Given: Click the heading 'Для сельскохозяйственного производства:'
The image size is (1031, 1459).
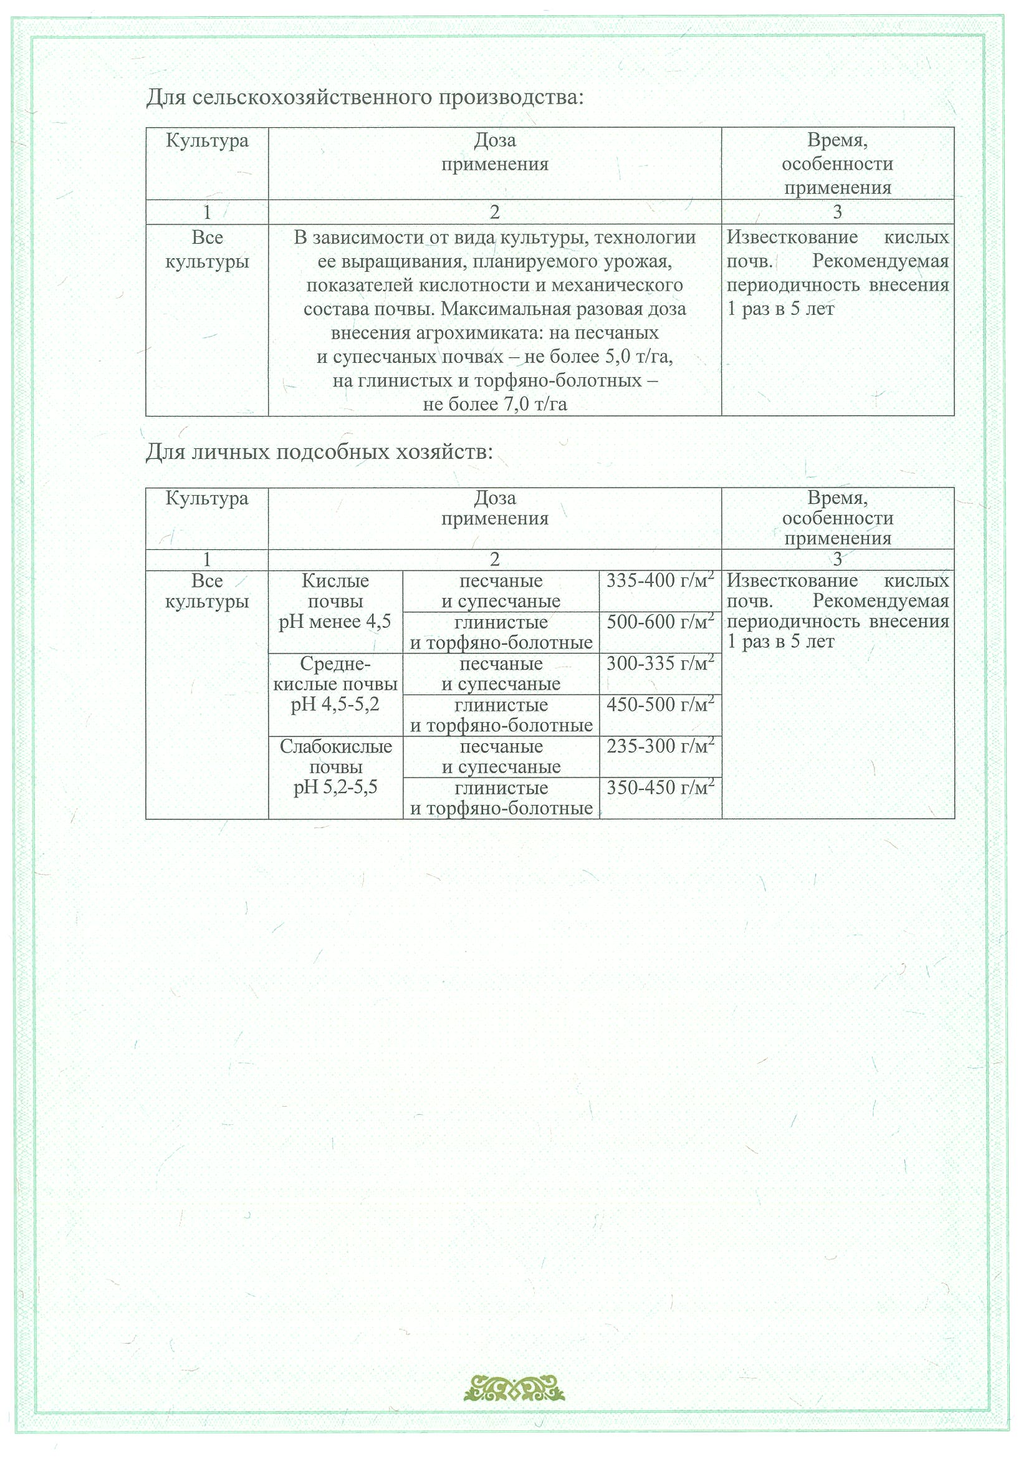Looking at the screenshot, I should click(365, 98).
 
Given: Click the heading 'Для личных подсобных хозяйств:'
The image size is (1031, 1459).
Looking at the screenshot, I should click(319, 452).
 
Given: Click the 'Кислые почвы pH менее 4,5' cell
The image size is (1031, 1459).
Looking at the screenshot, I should click(335, 602).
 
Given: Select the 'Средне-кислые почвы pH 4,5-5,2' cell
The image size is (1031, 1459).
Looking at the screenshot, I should click(335, 685).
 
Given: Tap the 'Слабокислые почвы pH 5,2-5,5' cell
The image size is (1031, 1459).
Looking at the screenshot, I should click(335, 767).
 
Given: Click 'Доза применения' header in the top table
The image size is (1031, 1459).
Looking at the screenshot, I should click(494, 153).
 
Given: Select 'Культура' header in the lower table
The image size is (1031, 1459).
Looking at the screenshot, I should click(207, 498).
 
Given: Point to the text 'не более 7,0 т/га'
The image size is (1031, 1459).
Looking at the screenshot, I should click(494, 404).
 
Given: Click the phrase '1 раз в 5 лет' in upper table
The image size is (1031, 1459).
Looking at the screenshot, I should click(780, 309).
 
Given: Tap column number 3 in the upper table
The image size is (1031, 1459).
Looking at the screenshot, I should click(837, 212).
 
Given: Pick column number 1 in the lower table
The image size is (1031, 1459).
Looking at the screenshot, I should click(207, 559).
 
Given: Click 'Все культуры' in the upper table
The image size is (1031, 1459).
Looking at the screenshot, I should click(207, 250).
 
